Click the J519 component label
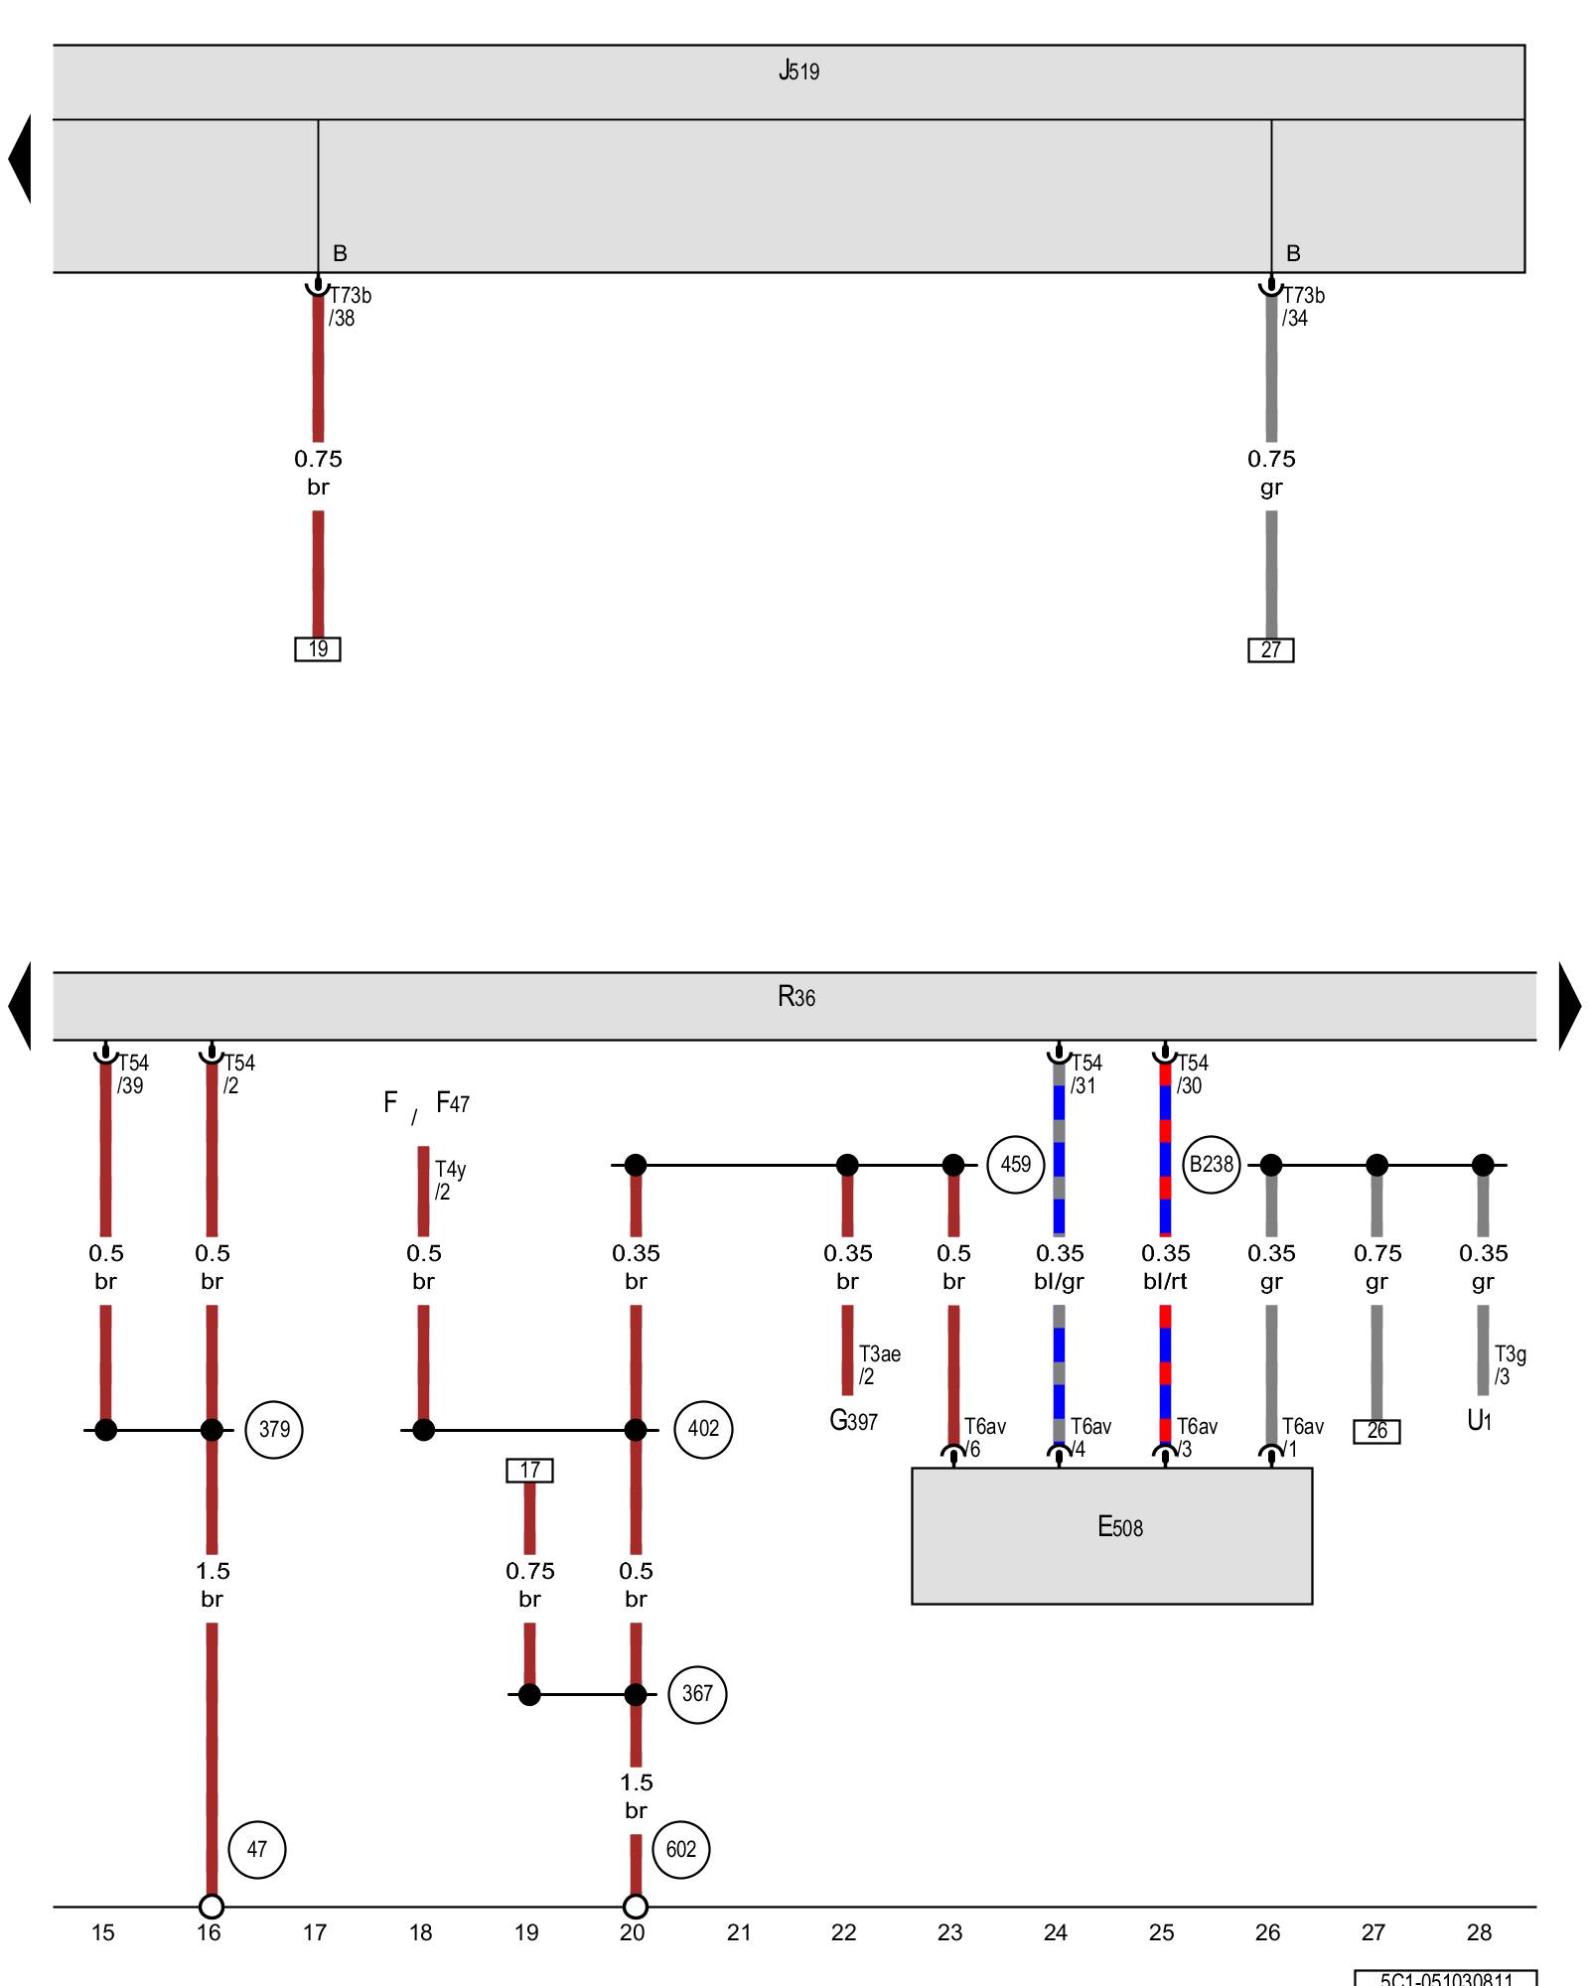798,71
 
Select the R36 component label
796,996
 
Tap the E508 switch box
1111,1535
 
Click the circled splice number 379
274,1429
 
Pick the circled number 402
703,1429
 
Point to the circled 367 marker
697,1694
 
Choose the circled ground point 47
256,1849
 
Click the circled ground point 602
680,1849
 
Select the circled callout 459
1015,1164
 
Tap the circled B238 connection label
1211,1164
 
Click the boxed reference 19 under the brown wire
318,649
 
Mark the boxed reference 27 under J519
1270,650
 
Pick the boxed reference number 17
529,1470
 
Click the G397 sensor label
853,1421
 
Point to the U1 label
1479,1421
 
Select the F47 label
452,1103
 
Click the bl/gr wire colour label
1059,1281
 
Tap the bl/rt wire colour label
1165,1281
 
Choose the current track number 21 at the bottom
738,1932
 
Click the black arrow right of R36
1569,1006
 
